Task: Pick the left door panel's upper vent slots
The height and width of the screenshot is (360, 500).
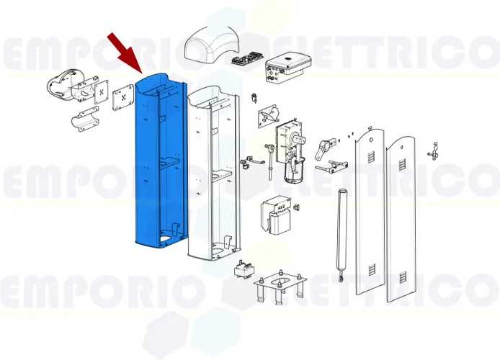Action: point(370,155)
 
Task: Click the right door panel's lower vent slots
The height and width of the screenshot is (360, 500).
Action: point(403,276)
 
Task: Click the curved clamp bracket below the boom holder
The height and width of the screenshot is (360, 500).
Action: point(84,119)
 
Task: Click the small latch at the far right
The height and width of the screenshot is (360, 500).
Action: point(434,151)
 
